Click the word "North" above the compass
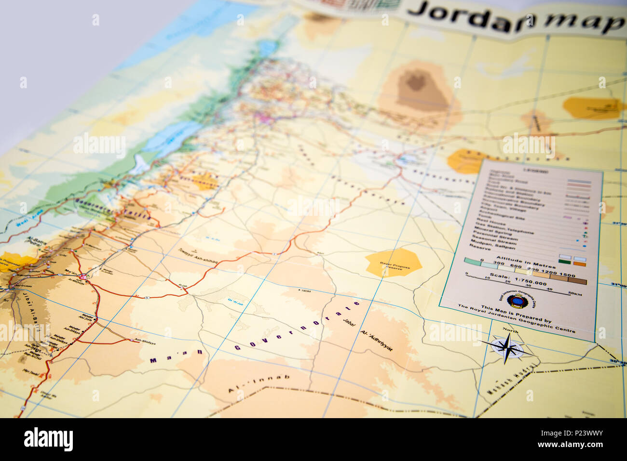pyautogui.click(x=510, y=330)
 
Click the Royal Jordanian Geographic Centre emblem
pyautogui.click(x=516, y=302)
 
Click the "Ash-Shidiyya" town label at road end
pyautogui.click(x=145, y=341)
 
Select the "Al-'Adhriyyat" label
pyautogui.click(x=377, y=340)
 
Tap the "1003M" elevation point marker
pyautogui.click(x=305, y=290)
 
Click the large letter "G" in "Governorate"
pyautogui.click(x=237, y=347)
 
